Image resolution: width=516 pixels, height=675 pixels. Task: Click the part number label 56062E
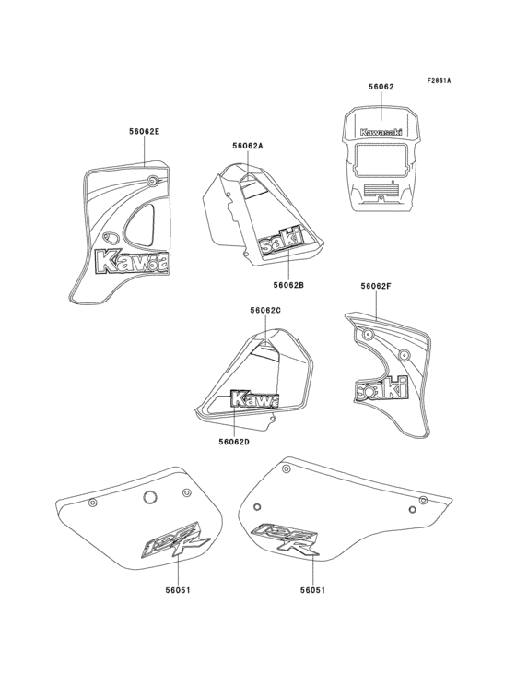point(144,132)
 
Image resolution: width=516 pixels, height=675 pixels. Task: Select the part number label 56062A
point(248,146)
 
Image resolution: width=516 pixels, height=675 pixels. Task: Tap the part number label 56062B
point(288,285)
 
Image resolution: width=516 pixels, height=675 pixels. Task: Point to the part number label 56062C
point(265,311)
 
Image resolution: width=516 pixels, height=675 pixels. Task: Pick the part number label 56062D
point(234,442)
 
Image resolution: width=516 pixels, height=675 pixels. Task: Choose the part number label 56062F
point(376,287)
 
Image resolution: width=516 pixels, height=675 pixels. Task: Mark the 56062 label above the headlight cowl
point(381,86)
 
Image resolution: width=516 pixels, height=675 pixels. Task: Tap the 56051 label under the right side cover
point(312,588)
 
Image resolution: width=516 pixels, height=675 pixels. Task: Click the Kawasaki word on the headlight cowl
point(381,131)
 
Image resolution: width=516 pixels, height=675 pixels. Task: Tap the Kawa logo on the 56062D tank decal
point(253,399)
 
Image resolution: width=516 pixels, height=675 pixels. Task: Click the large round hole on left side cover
point(148,498)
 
